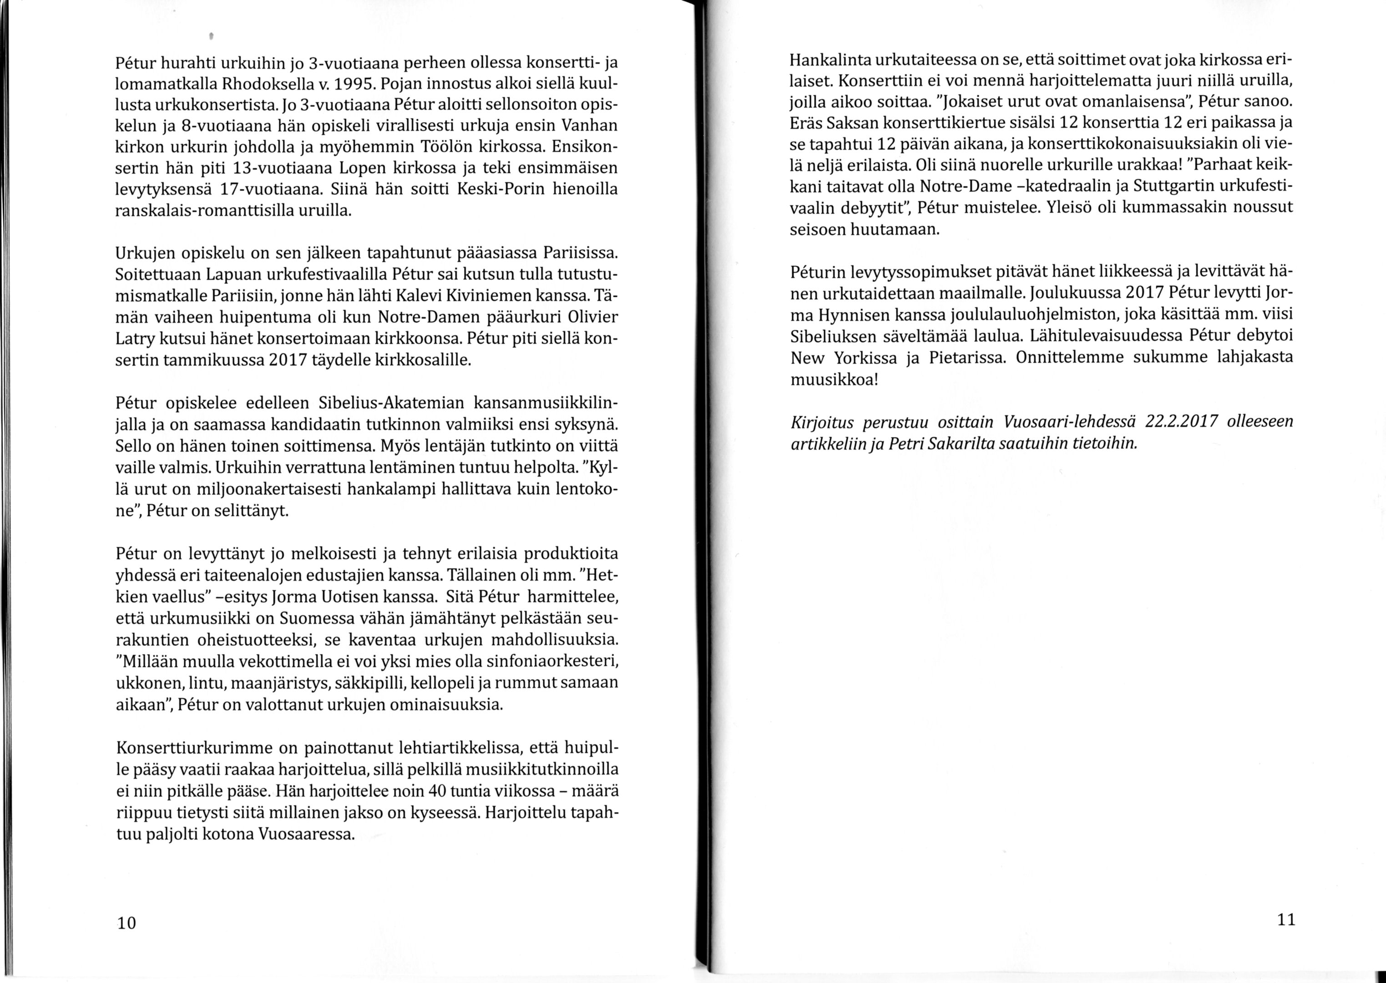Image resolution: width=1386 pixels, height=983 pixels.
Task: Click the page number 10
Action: point(126,922)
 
